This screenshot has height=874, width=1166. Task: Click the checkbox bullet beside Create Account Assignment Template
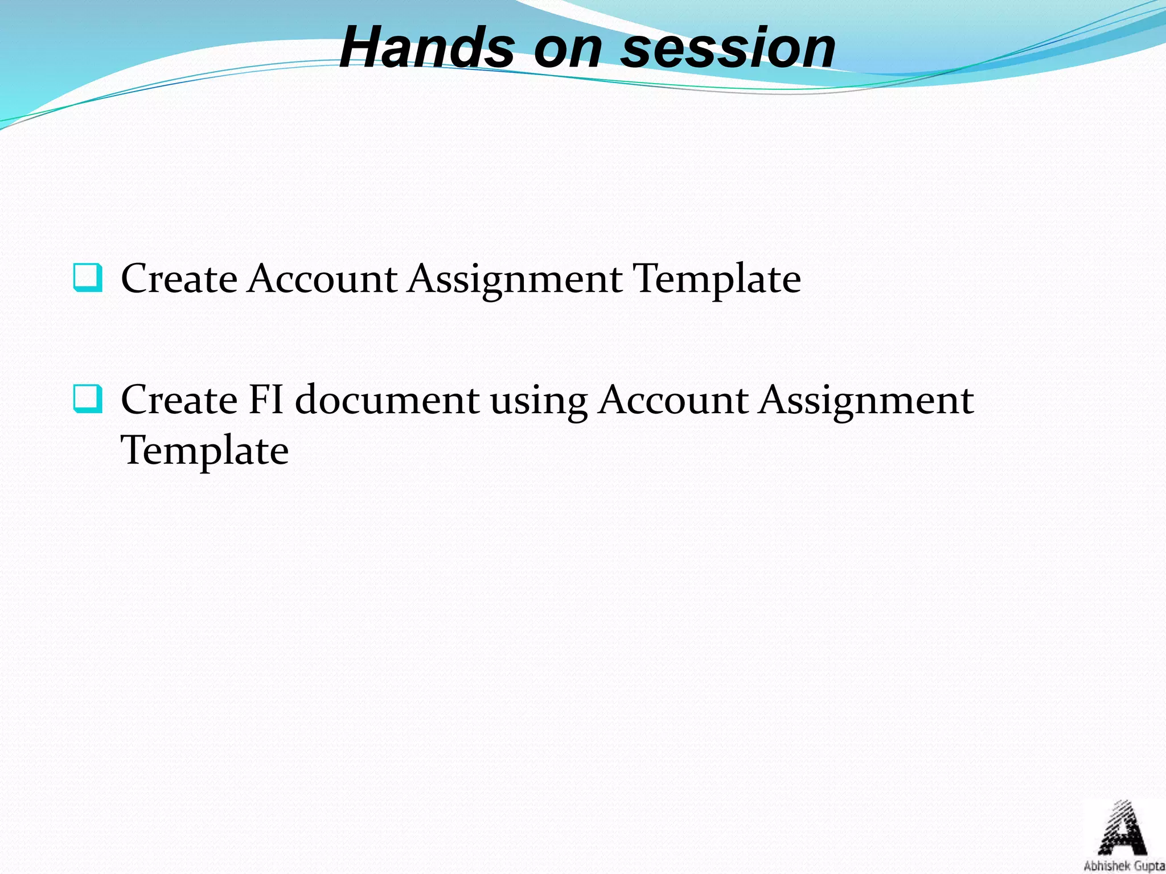pyautogui.click(x=88, y=278)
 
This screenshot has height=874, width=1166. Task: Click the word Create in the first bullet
pyautogui.click(x=179, y=279)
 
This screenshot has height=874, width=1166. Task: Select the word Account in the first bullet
pyautogui.click(x=322, y=279)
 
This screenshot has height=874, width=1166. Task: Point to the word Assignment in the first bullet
pyautogui.click(x=515, y=280)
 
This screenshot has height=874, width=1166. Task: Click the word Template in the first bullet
pyautogui.click(x=717, y=280)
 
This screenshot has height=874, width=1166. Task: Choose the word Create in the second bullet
pyautogui.click(x=179, y=399)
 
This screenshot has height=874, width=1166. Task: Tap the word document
pyautogui.click(x=387, y=399)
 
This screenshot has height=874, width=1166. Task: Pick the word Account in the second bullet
pyautogui.click(x=673, y=399)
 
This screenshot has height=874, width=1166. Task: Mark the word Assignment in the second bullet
pyautogui.click(x=866, y=401)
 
